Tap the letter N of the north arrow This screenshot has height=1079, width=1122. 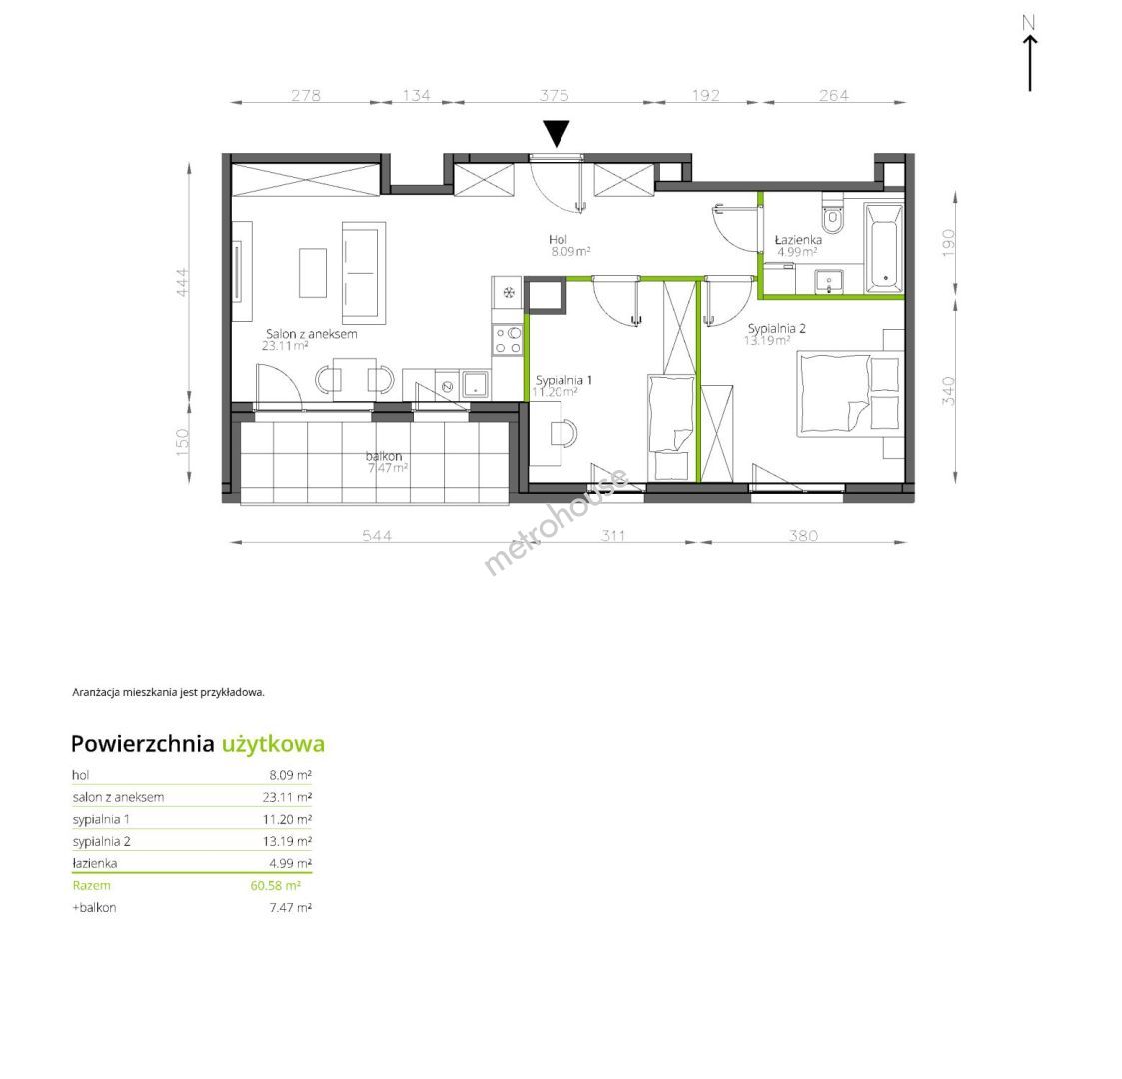click(x=1029, y=23)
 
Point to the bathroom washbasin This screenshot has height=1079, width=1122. click(x=829, y=280)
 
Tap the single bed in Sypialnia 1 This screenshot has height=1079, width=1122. click(x=671, y=427)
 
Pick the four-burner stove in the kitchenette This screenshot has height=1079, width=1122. click(x=508, y=339)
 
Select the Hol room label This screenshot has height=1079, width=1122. click(x=559, y=239)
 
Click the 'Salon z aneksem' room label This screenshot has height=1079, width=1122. click(x=312, y=334)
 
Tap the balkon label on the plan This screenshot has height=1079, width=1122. click(x=384, y=456)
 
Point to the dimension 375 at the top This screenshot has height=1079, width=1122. click(x=554, y=95)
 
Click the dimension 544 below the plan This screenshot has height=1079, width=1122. click(x=377, y=536)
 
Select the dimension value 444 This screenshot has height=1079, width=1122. click(x=182, y=282)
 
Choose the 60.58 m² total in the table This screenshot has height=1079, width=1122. click(x=276, y=886)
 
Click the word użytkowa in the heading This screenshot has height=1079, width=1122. click(x=273, y=745)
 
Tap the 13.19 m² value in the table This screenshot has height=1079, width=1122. click(x=287, y=841)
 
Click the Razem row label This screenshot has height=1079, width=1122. click(x=92, y=886)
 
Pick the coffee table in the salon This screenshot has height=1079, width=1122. click(x=313, y=273)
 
